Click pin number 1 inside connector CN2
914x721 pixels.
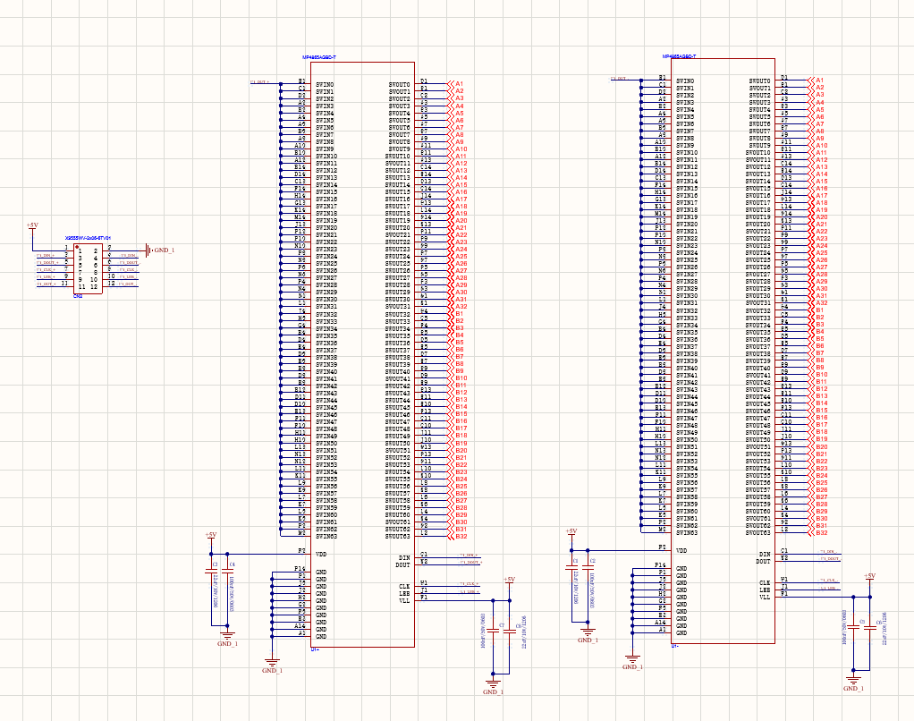click(x=80, y=252)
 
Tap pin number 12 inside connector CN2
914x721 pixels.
click(x=93, y=286)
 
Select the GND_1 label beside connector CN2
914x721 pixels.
click(x=164, y=250)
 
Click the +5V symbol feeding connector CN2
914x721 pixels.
click(x=32, y=226)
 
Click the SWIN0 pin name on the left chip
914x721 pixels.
click(x=326, y=85)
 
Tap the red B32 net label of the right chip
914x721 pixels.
click(x=821, y=532)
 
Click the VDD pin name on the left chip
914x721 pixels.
click(x=321, y=555)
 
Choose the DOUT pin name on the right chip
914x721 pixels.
click(x=763, y=561)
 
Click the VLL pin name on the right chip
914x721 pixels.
click(x=765, y=597)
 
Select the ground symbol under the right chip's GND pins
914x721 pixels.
click(x=631, y=665)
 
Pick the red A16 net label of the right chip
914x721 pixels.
click(x=821, y=188)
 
